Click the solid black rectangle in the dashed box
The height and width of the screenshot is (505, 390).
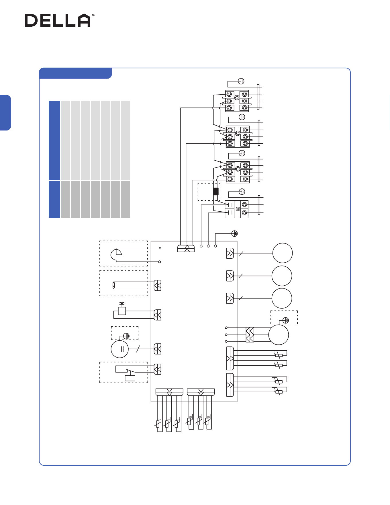(216, 192)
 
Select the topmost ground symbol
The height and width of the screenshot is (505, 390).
(241, 81)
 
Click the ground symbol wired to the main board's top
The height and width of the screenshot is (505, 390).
(234, 233)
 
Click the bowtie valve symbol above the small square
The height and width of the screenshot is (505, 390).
(122, 304)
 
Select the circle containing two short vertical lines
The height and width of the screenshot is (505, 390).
(120, 349)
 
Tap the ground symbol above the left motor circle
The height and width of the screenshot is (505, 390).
(126, 336)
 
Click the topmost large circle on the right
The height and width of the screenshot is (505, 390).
(283, 253)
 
